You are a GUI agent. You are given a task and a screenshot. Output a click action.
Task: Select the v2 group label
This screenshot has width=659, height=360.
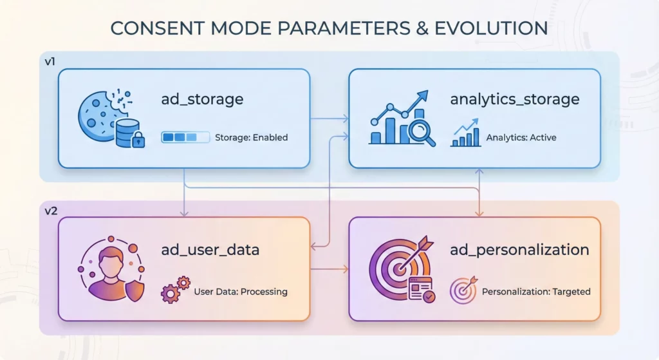[x=51, y=211]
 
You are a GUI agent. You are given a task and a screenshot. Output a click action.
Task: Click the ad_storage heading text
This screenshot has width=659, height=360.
[x=202, y=99]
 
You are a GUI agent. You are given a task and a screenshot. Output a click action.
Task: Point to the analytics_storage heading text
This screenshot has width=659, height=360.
[x=515, y=99]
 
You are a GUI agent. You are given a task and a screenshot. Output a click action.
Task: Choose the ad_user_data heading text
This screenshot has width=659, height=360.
[x=210, y=249]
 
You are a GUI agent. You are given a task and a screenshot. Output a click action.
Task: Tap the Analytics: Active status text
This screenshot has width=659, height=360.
[x=521, y=137]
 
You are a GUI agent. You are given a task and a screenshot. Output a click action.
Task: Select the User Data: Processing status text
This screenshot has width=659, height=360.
[x=241, y=292]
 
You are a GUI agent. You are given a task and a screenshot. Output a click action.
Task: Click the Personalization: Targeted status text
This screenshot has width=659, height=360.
[x=536, y=292]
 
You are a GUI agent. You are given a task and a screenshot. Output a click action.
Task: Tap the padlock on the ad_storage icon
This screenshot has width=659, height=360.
[x=138, y=140]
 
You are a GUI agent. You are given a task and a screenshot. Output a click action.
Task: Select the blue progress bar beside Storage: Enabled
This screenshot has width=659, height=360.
[x=185, y=137]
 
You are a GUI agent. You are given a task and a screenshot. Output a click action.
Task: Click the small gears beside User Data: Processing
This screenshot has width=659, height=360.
[x=176, y=290]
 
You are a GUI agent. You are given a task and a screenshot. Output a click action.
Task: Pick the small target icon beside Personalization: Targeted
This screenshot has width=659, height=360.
[x=463, y=290]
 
